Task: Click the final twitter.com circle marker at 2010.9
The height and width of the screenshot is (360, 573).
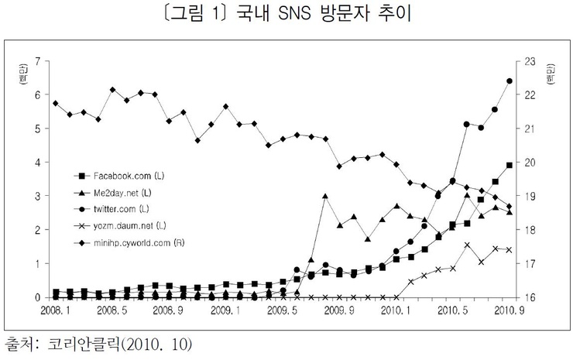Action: point(509,81)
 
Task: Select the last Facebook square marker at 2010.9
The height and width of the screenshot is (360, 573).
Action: point(509,165)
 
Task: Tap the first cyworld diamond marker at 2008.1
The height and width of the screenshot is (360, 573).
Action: point(56,103)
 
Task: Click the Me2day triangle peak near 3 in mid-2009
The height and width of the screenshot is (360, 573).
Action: point(325,196)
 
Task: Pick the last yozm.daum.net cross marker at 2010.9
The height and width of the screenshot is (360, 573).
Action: point(509,250)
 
